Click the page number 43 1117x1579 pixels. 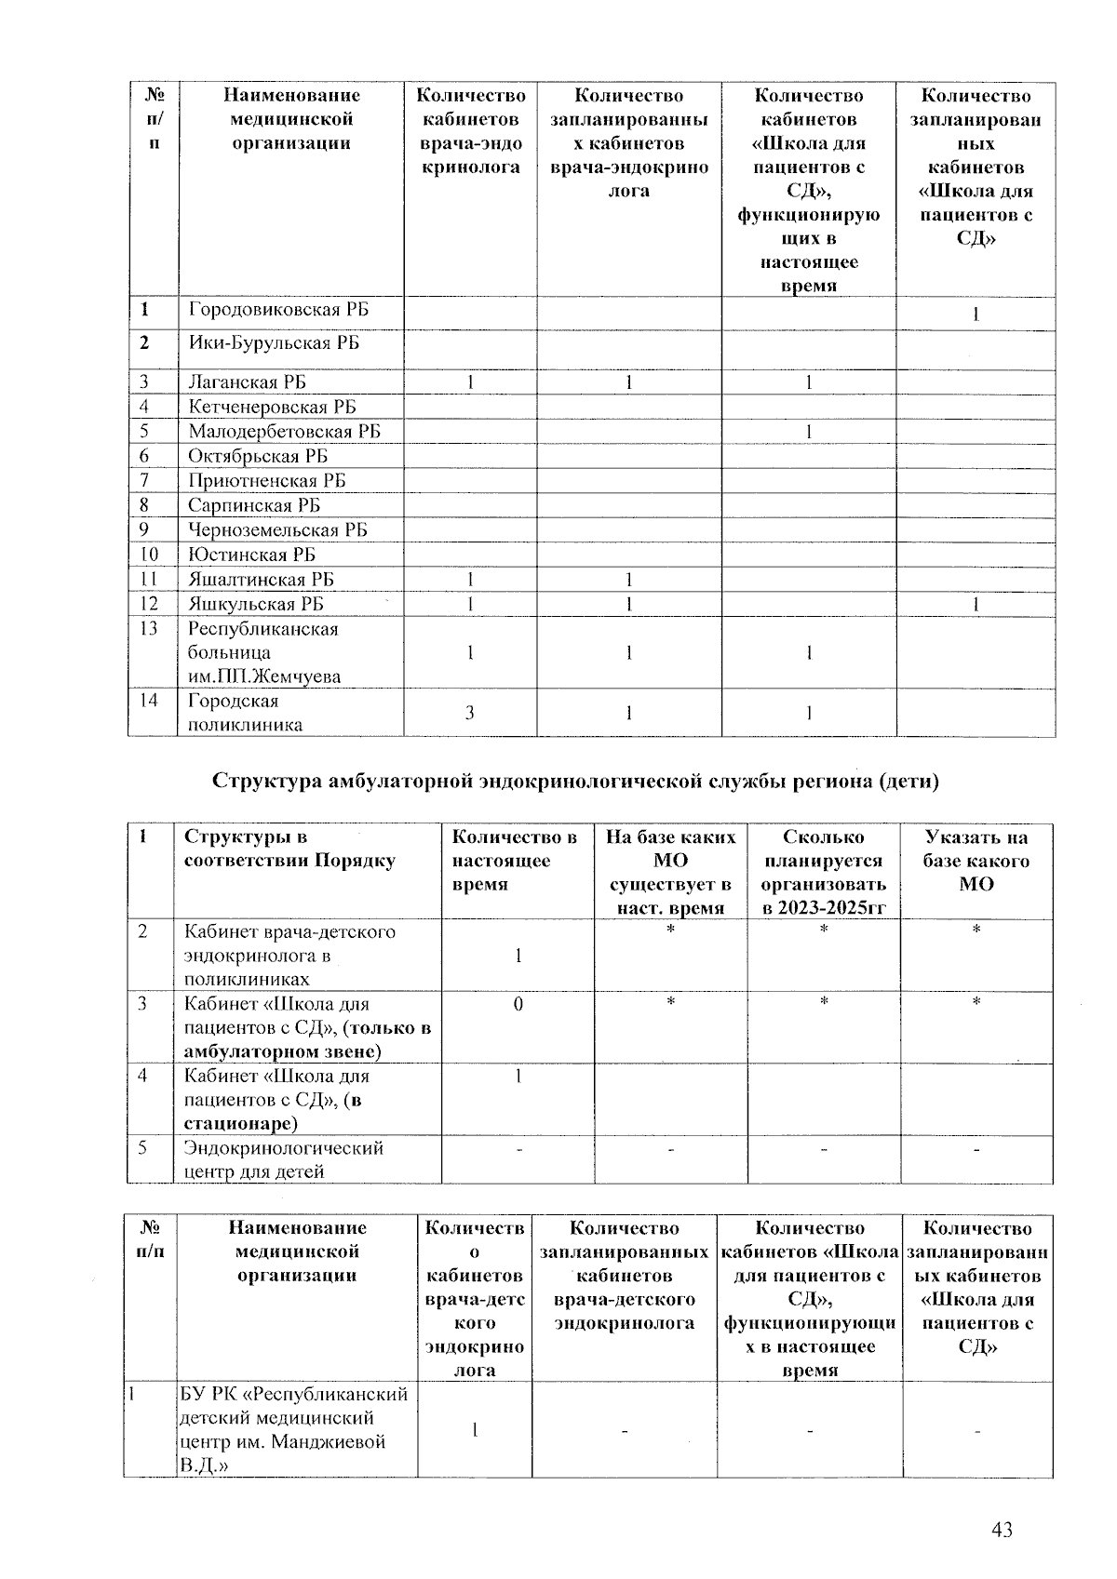click(1002, 1530)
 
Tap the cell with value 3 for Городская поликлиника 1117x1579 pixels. click(470, 713)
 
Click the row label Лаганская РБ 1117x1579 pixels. click(247, 382)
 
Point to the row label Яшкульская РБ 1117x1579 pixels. click(256, 604)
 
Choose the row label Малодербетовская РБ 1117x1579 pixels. click(284, 432)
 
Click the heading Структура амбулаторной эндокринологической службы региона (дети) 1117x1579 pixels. click(575, 781)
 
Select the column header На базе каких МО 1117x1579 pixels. click(670, 872)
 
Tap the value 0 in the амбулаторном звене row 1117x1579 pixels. click(518, 1004)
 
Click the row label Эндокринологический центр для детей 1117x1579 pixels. click(283, 1159)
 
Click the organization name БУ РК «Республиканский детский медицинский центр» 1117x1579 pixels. click(294, 1429)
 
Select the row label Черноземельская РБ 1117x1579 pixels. click(277, 530)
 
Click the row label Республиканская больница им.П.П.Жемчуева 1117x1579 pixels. click(263, 652)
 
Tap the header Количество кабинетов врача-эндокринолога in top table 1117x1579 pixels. click(470, 131)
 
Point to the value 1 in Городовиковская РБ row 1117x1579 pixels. click(975, 315)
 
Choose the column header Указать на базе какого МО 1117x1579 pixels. click(976, 861)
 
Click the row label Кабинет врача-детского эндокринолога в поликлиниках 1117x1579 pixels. click(289, 955)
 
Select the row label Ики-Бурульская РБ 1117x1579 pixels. click(274, 343)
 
